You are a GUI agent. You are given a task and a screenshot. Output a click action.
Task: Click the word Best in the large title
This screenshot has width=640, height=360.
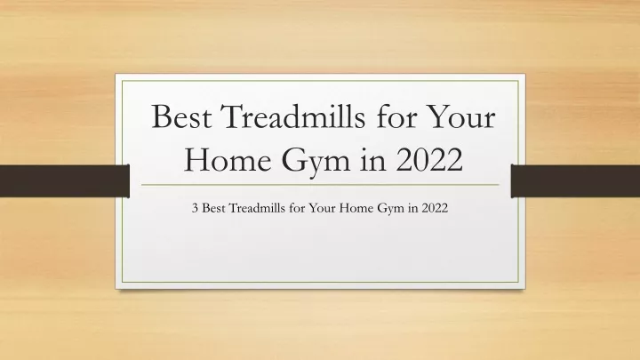coord(181,116)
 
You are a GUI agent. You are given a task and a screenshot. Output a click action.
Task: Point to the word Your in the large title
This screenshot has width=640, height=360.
coord(461,116)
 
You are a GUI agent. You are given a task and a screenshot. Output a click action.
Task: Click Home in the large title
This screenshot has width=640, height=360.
coord(228,160)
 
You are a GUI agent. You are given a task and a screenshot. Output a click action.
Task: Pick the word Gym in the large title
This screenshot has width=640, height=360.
coord(316,162)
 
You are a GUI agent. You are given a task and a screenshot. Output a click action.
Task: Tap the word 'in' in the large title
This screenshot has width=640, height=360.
coord(373,159)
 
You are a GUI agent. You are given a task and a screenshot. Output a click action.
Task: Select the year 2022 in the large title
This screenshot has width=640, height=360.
coord(429,160)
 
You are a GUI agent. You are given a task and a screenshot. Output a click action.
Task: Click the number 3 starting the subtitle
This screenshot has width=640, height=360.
coord(195,209)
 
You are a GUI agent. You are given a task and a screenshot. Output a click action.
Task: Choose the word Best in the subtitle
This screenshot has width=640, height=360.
coord(214,208)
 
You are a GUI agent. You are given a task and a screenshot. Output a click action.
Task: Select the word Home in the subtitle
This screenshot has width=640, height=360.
coord(356,208)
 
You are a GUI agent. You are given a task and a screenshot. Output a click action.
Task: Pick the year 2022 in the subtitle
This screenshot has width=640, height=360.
coord(435,208)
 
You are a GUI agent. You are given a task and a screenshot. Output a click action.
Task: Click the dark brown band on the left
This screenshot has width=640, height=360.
coord(65,180)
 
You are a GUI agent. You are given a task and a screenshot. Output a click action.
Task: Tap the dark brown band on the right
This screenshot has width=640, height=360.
coord(575,180)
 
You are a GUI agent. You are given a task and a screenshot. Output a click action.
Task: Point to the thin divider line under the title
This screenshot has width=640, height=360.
coord(320,185)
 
